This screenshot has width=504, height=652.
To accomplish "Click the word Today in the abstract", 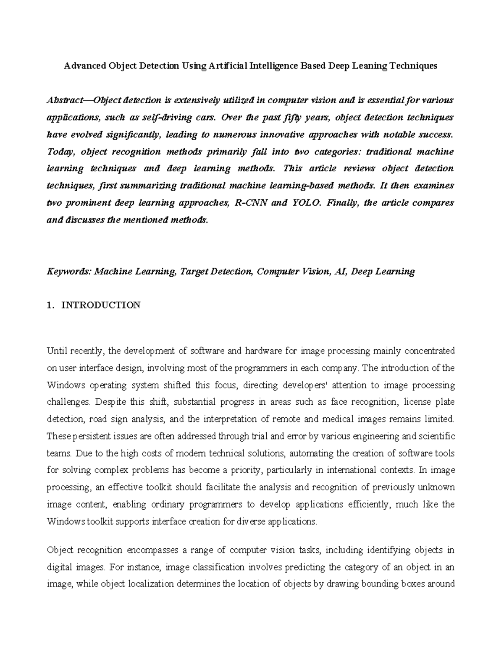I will pyautogui.click(x=59, y=152).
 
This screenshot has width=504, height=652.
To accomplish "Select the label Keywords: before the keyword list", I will pyautogui.click(x=69, y=272).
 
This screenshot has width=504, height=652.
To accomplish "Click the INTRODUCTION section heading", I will pyautogui.click(x=101, y=305).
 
